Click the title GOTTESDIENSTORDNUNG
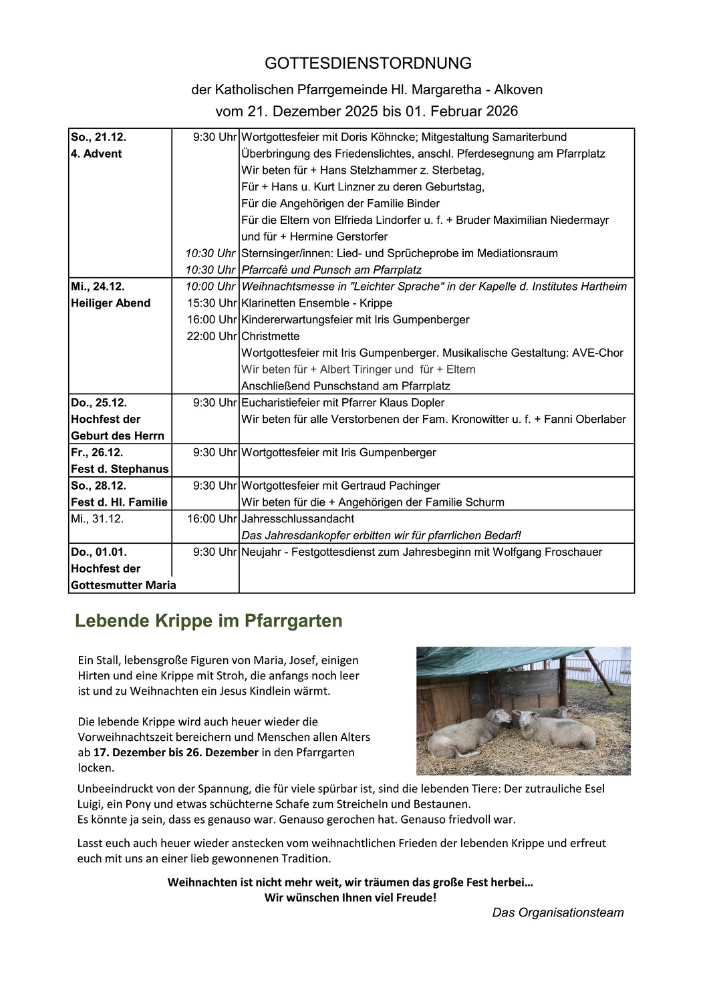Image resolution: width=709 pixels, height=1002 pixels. (x=368, y=63)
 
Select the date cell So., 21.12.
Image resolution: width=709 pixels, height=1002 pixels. (x=98, y=137)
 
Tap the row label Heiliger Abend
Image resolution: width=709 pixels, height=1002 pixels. (x=110, y=303)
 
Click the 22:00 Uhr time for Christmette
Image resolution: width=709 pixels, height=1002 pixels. (x=211, y=336)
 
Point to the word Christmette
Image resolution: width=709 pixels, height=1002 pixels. (x=270, y=336)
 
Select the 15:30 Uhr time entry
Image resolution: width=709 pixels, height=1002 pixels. (x=211, y=303)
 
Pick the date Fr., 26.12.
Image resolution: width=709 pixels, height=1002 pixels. (x=97, y=452)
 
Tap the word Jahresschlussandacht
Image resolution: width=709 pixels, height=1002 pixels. (x=297, y=518)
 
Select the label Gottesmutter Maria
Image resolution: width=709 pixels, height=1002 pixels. (x=124, y=585)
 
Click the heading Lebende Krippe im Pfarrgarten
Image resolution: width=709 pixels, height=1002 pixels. (x=208, y=621)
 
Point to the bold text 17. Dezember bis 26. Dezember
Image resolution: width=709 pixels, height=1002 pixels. (x=176, y=752)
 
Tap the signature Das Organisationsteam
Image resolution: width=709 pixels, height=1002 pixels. (x=558, y=912)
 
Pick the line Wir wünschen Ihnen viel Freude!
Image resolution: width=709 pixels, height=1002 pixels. (x=350, y=897)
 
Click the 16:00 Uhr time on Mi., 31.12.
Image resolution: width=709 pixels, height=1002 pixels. (x=211, y=518)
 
